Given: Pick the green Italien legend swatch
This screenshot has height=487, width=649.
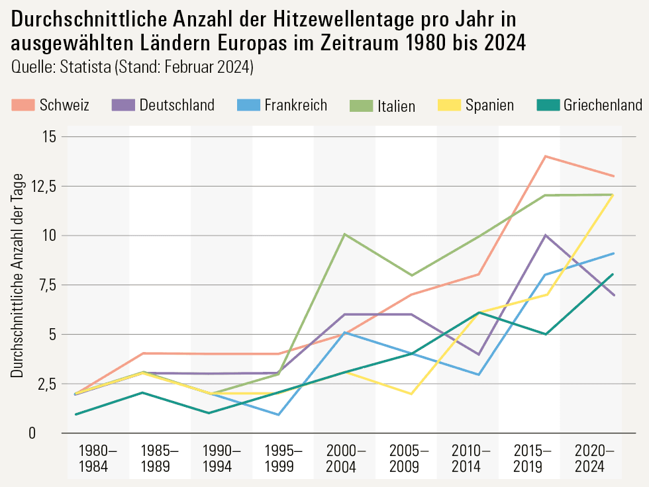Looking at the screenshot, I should tap(358, 105).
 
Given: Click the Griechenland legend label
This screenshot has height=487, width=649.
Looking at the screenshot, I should tap(603, 105).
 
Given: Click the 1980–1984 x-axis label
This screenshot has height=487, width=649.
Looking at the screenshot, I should tap(97, 459).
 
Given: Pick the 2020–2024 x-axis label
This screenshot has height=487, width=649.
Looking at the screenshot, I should tap(593, 459).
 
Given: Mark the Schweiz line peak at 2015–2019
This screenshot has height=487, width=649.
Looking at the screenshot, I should tap(545, 156).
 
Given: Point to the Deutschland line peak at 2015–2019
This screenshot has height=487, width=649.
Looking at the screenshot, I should tap(545, 235).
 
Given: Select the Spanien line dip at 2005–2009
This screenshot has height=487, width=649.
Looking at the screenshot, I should tap(411, 394).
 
